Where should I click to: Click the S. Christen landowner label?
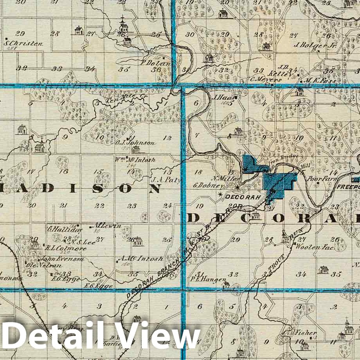point(23,43)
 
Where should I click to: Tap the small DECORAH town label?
point(243,197)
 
